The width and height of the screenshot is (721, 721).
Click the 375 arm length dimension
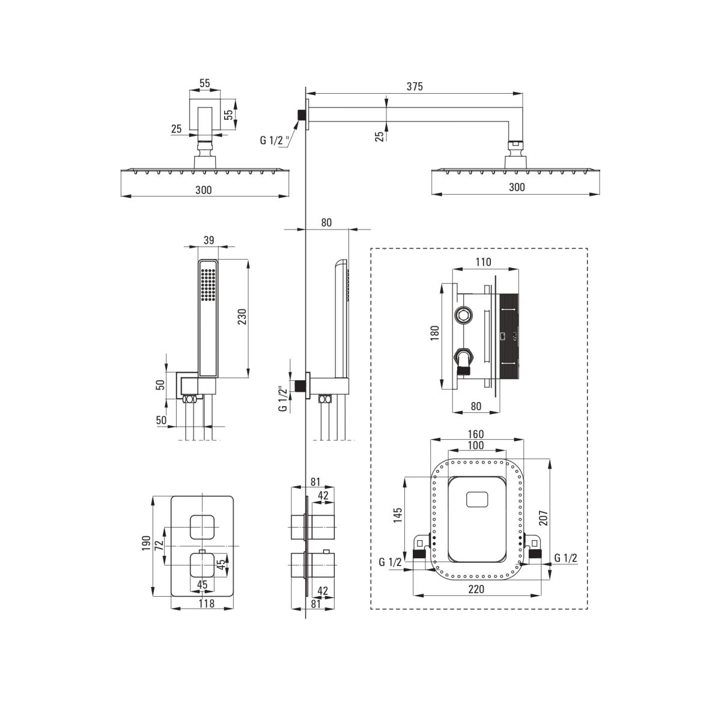point(413,87)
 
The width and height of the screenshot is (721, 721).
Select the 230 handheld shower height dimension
point(242,317)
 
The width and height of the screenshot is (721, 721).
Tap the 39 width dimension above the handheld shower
point(209,240)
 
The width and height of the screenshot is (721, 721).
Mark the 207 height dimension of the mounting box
point(543,518)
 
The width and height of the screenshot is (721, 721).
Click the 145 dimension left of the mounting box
point(398,516)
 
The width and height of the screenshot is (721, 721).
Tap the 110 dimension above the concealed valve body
point(482,262)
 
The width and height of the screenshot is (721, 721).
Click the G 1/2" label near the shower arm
point(275,141)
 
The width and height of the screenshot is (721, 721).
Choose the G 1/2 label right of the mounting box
point(566,558)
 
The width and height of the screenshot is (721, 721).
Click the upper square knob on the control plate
point(202,527)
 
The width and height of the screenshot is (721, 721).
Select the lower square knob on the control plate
point(202,565)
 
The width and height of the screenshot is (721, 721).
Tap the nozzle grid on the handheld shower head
point(208,284)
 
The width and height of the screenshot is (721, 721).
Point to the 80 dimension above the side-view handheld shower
point(326,222)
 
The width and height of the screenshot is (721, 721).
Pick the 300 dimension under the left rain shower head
point(204,190)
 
